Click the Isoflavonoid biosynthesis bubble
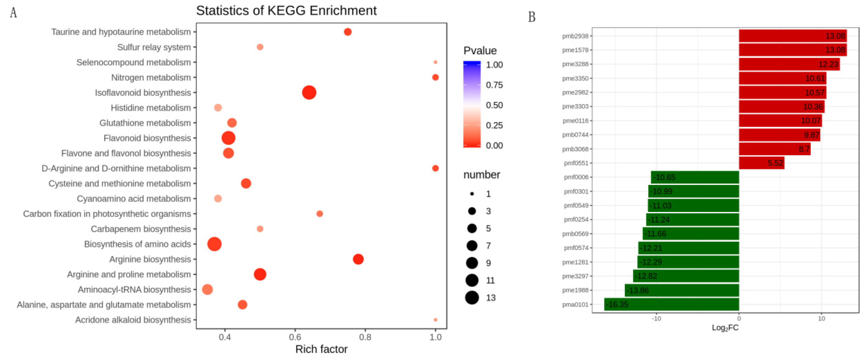point(309,92)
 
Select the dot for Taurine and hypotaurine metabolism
point(347,32)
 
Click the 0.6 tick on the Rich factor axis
point(295,337)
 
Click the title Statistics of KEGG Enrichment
point(286,10)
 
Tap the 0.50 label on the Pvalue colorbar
point(494,105)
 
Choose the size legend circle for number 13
point(472,297)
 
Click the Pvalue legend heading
point(480,51)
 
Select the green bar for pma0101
point(671,304)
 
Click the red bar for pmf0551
point(761,163)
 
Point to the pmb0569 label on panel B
point(575,234)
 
